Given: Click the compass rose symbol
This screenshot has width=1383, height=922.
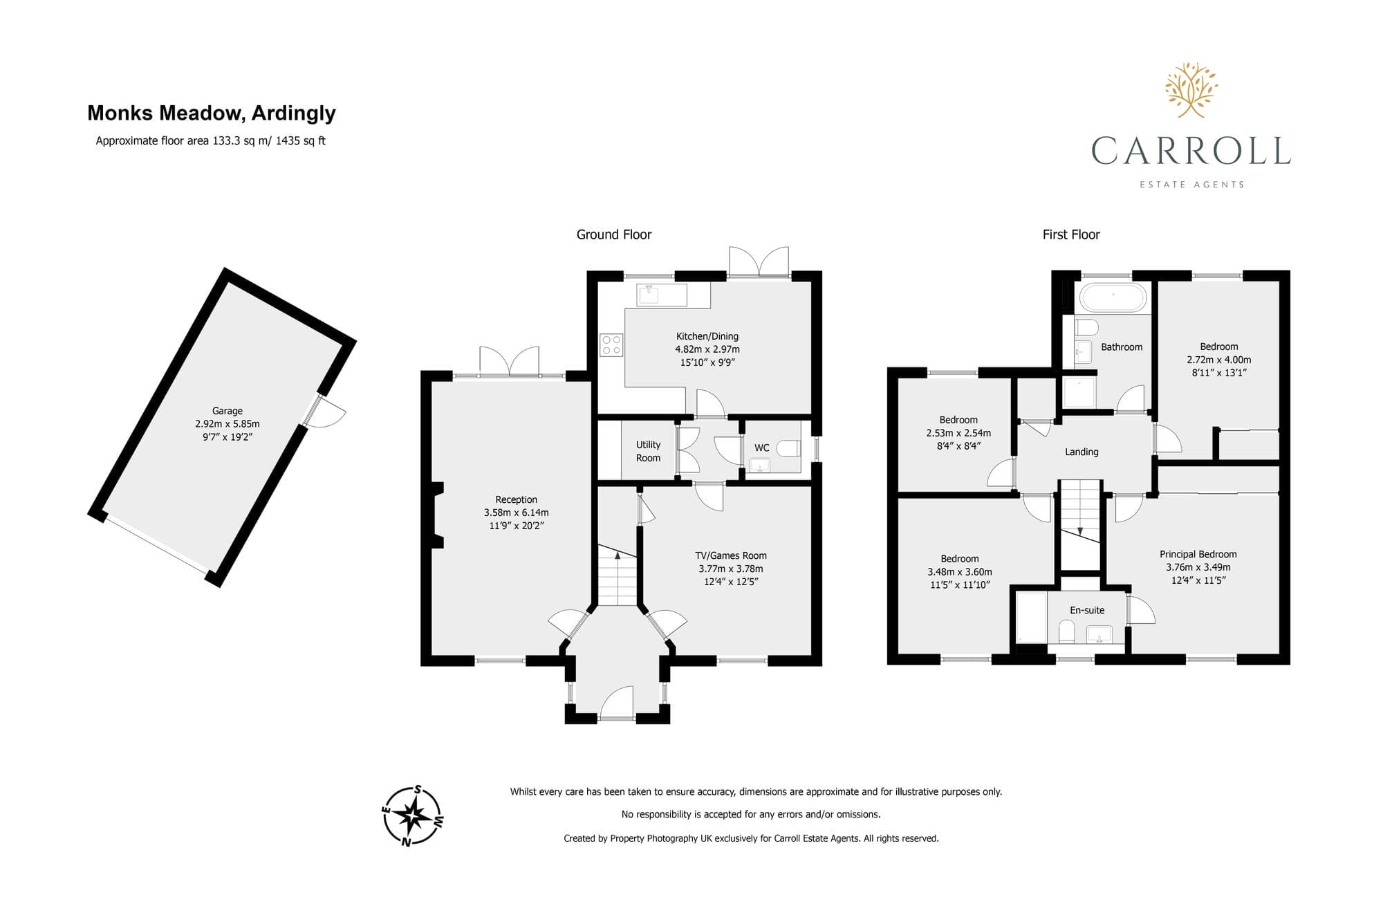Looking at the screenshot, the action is tap(413, 816).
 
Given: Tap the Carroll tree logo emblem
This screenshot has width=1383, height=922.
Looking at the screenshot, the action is tap(1191, 89).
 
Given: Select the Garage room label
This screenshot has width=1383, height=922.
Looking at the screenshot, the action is tap(228, 411).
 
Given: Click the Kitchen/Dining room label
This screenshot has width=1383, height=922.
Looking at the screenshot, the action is tap(707, 336).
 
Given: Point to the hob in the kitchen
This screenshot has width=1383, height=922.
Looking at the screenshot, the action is tap(611, 345).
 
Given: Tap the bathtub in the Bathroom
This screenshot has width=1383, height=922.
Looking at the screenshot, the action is tap(1113, 297).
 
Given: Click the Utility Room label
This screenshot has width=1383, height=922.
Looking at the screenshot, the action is tap(648, 451).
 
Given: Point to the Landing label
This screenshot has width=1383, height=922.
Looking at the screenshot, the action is tap(1082, 452).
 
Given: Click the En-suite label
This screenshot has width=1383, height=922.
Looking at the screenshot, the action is tap(1087, 610).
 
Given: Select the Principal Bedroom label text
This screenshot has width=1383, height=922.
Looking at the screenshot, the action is tap(1198, 554).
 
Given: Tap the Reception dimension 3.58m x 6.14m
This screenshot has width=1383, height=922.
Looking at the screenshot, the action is tap(517, 513).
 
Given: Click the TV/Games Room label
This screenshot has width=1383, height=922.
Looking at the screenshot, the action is tap(731, 555).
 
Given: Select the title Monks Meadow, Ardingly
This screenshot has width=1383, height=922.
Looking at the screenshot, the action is tap(212, 113).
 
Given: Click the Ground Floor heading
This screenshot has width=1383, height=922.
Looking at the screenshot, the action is tap(614, 234).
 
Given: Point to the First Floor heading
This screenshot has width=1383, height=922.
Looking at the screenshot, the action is tap(1071, 234).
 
